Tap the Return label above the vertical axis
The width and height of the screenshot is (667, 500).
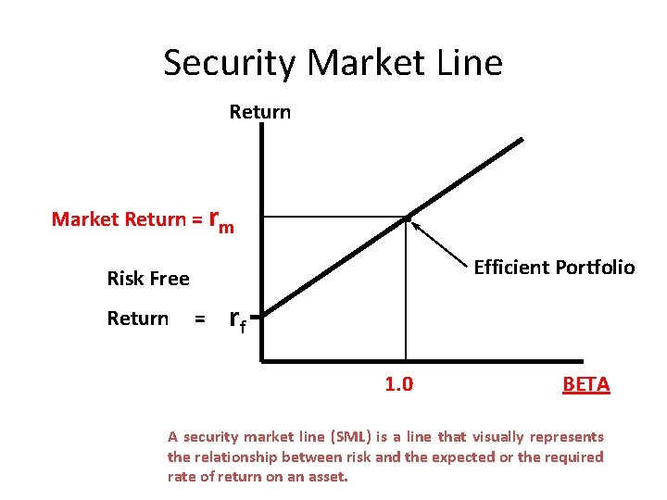click(x=260, y=112)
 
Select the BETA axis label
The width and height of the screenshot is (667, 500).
click(x=585, y=384)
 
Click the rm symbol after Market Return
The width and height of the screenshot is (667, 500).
click(x=221, y=220)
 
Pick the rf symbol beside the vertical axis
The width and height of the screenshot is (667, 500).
click(x=237, y=320)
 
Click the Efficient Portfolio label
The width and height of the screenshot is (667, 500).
click(x=554, y=268)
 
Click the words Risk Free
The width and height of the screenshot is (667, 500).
click(x=148, y=279)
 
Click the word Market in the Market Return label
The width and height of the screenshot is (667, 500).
click(x=85, y=219)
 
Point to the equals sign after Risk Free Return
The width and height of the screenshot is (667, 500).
click(x=198, y=319)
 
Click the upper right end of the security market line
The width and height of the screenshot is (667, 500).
click(x=521, y=140)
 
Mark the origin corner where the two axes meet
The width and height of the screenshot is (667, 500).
click(x=263, y=359)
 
